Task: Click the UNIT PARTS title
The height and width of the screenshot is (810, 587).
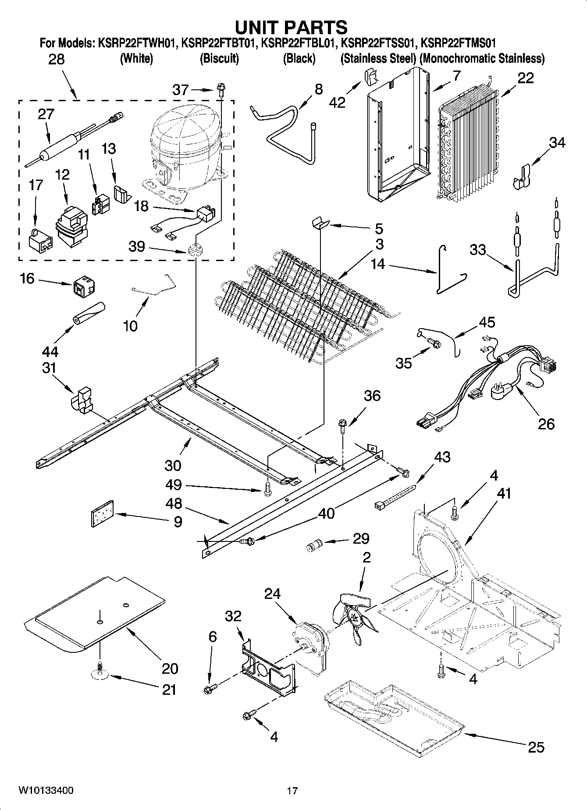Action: click(x=291, y=27)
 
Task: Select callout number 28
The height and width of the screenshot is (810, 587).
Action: click(x=56, y=59)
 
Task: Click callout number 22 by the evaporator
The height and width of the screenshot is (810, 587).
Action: click(x=525, y=78)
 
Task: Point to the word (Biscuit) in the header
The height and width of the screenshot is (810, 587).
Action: click(x=219, y=59)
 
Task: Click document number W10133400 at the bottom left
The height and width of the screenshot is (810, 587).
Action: click(x=46, y=790)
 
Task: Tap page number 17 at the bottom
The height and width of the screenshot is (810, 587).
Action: click(x=292, y=791)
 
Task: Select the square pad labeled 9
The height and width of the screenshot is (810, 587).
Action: click(x=102, y=513)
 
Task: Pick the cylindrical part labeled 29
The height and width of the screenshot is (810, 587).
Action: click(x=313, y=546)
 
